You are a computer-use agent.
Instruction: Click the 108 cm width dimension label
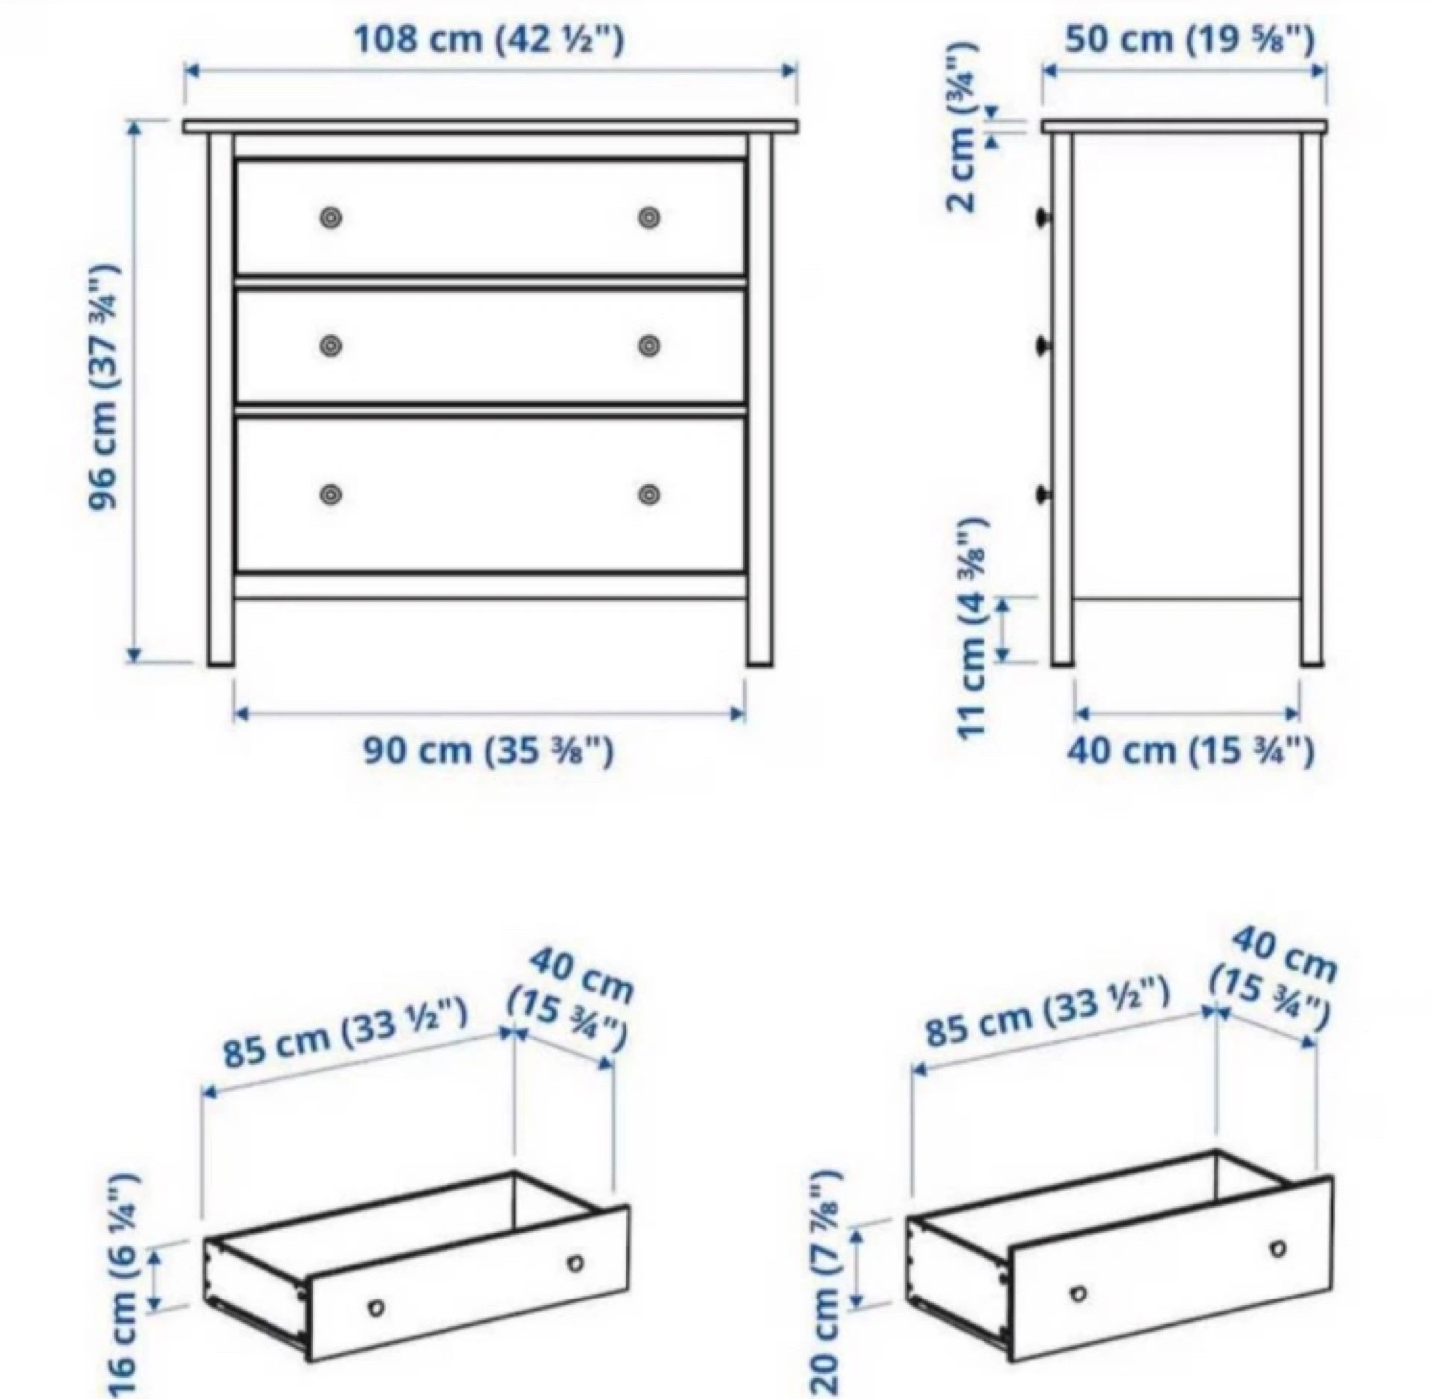pyautogui.click(x=489, y=39)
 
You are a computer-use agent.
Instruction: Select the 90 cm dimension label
pyautogui.click(x=488, y=751)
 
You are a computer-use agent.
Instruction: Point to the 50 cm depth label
pyautogui.click(x=1189, y=38)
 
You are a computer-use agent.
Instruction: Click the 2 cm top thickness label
pyautogui.click(x=961, y=124)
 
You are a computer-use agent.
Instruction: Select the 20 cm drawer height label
pyautogui.click(x=827, y=1294)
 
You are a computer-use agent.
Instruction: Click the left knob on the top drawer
pyautogui.click(x=331, y=218)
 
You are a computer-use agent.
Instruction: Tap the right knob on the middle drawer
pyautogui.click(x=649, y=345)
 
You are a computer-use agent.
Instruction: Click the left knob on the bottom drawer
pyautogui.click(x=331, y=495)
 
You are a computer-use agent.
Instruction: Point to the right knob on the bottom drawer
pyautogui.click(x=649, y=495)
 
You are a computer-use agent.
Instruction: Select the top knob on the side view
pyautogui.click(x=1043, y=217)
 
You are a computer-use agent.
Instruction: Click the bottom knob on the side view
pyautogui.click(x=1043, y=494)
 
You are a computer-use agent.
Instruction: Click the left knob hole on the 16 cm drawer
pyautogui.click(x=376, y=1307)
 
